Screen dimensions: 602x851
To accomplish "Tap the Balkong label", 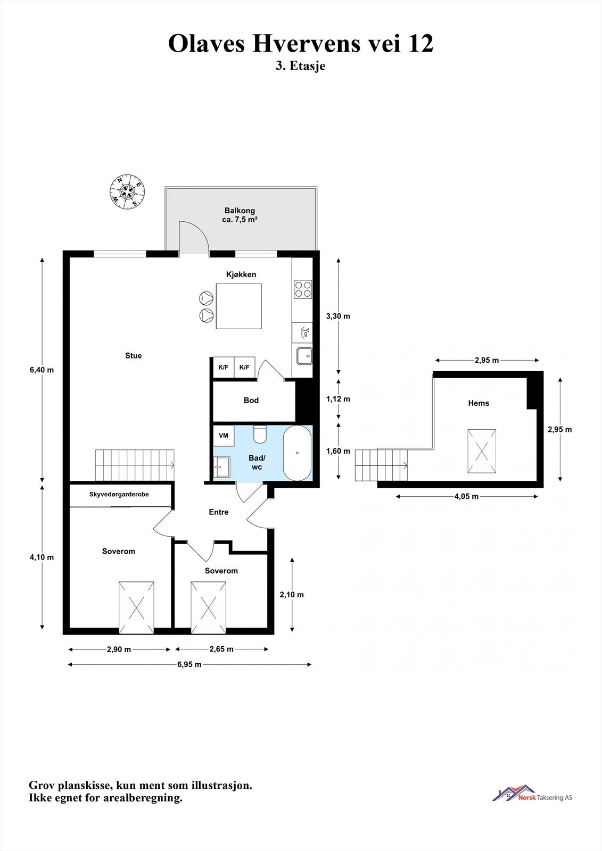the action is (240, 211).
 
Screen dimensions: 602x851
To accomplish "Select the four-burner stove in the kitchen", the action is (303, 289).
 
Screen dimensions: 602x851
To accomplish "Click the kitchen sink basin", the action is (304, 356).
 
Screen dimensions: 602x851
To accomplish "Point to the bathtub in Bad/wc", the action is (297, 453).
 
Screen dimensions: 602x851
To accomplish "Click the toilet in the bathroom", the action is (260, 434).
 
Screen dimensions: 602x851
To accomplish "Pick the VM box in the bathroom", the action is (224, 436).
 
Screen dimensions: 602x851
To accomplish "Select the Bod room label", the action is (251, 400).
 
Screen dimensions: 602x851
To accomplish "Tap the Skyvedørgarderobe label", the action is (119, 494).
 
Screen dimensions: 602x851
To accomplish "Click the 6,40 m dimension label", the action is (42, 370).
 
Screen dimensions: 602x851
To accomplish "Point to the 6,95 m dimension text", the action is (189, 664).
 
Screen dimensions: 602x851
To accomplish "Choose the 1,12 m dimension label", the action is (338, 399).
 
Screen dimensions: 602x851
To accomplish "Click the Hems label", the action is (479, 403).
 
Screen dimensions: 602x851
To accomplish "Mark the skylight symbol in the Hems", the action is (482, 452).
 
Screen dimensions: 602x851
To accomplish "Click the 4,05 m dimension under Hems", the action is (466, 496).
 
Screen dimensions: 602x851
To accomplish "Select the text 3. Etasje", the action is (300, 66).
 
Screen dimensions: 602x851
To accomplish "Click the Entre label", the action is (219, 512).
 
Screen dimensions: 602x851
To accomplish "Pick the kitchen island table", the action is (239, 306).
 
